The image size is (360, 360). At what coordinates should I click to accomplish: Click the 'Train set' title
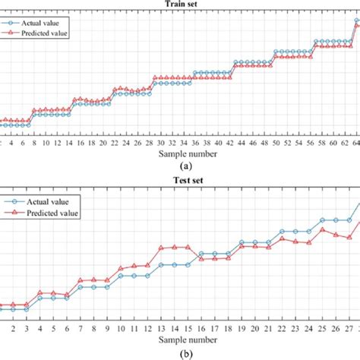(x=179, y=3)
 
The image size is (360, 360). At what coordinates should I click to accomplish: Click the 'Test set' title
(x=179, y=181)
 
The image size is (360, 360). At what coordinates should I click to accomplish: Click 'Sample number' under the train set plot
(x=179, y=153)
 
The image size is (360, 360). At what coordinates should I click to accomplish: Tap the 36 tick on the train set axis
(x=194, y=143)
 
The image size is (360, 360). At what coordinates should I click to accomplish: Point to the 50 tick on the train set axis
(x=275, y=143)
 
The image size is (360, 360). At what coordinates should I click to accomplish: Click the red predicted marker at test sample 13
(x=162, y=248)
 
